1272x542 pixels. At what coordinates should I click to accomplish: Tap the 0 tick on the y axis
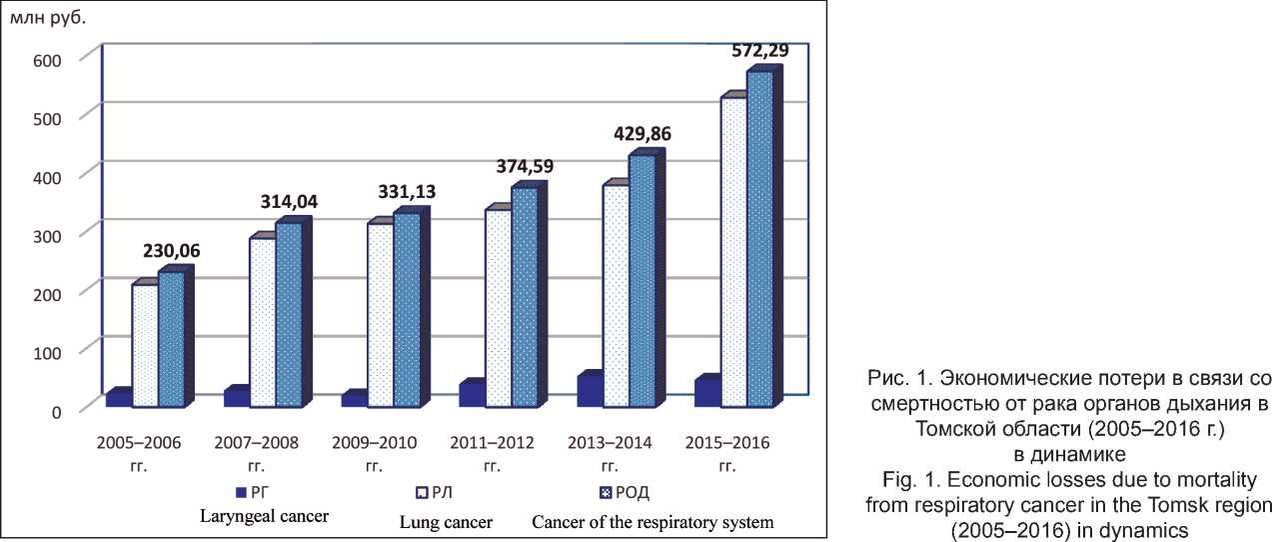click(x=58, y=409)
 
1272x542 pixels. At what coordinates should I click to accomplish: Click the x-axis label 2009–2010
click(x=376, y=442)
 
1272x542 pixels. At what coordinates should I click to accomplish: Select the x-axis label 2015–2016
click(x=728, y=442)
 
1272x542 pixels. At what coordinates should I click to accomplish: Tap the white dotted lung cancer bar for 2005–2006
click(x=145, y=345)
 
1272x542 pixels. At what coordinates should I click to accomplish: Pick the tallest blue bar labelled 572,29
click(x=759, y=240)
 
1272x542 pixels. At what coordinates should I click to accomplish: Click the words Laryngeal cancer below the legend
click(x=266, y=516)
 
